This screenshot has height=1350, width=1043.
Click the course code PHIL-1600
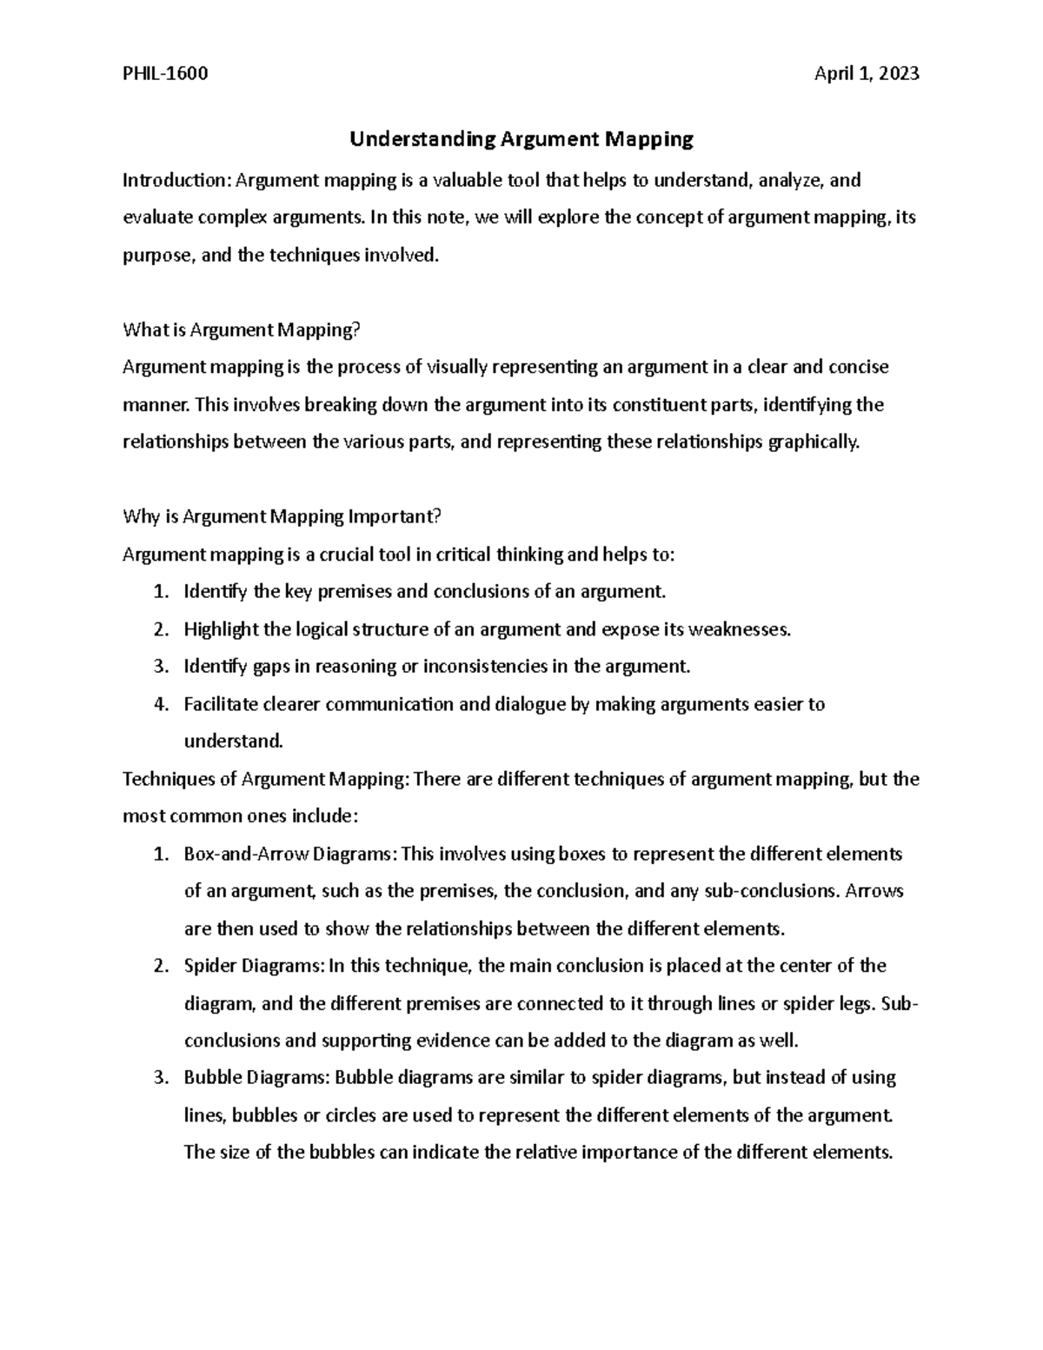click(165, 74)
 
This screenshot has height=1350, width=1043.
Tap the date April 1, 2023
click(866, 74)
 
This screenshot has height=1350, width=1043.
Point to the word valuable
click(467, 180)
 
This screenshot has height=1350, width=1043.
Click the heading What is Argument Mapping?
click(241, 329)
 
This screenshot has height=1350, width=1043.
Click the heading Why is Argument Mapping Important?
click(282, 516)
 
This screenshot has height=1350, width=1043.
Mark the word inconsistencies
click(484, 667)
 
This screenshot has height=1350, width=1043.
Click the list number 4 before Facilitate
click(159, 704)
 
